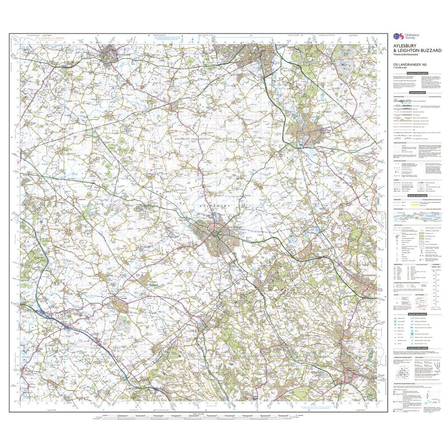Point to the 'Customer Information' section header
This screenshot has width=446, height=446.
tap(417, 73)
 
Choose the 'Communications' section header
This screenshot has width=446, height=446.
tap(417, 93)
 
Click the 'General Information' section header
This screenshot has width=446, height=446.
tap(417, 195)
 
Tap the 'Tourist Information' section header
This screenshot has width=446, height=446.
tap(417, 314)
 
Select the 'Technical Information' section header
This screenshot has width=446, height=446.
tap(417, 348)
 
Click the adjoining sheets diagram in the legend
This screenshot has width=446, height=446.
tap(403, 374)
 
